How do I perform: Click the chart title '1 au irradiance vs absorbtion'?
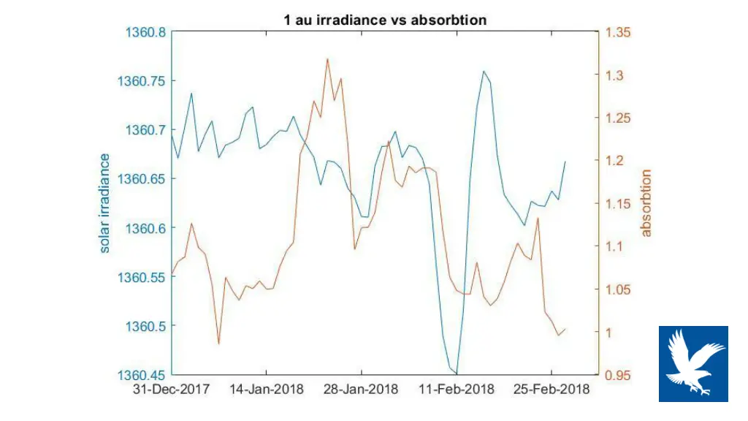coord(385,20)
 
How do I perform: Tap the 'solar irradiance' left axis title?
coord(105,203)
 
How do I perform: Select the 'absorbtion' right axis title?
coord(646,203)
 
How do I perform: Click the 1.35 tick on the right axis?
coord(618,32)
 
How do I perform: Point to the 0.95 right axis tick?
coord(618,375)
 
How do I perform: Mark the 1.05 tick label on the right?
coord(618,290)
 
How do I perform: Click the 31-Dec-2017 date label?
coord(172,390)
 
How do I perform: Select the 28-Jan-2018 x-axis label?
coord(362,390)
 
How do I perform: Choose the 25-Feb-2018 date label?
coord(552,390)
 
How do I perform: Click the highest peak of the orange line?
coord(327,59)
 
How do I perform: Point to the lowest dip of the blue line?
coord(457,373)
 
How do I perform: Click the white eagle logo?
coord(693,364)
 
